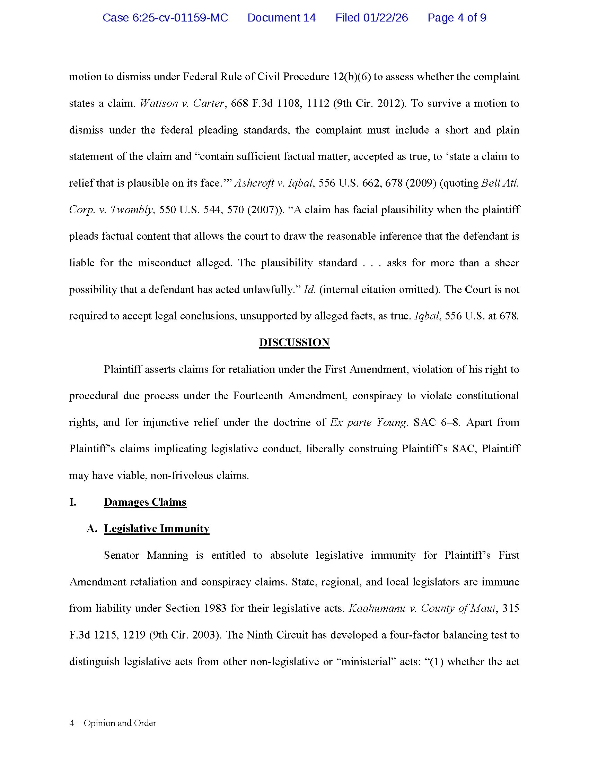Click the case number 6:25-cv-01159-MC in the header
click(165, 18)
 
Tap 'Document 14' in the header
click(281, 18)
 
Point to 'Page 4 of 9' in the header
click(456, 18)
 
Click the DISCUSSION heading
click(294, 342)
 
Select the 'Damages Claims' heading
click(145, 502)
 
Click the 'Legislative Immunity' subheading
click(157, 529)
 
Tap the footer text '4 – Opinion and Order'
click(112, 723)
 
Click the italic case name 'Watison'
click(159, 103)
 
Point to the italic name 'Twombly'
click(132, 209)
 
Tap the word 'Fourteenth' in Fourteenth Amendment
click(258, 396)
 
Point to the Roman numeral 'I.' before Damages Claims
click(72, 502)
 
